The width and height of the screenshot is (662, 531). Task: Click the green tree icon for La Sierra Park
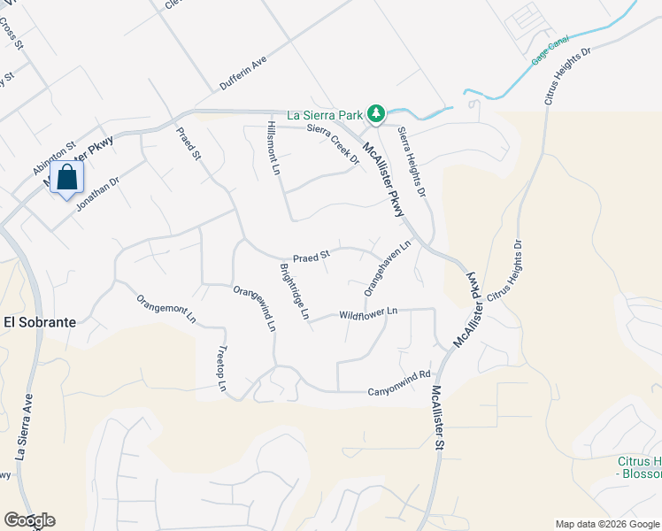point(376,113)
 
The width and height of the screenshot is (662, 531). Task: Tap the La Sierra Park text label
point(326,114)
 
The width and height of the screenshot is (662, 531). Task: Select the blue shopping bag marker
point(66,179)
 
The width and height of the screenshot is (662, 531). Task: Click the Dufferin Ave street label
point(242,74)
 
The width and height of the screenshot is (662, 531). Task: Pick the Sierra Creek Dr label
point(333,142)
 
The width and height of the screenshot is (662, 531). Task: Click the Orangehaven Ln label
point(389,268)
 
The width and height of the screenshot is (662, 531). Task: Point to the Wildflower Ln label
point(368,312)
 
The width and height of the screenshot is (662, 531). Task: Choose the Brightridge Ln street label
point(295,291)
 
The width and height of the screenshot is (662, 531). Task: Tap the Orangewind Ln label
point(255,309)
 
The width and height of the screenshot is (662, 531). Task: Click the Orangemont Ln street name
point(166,310)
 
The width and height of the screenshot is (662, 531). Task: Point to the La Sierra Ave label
point(23,428)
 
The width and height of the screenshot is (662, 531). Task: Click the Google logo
point(29,520)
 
